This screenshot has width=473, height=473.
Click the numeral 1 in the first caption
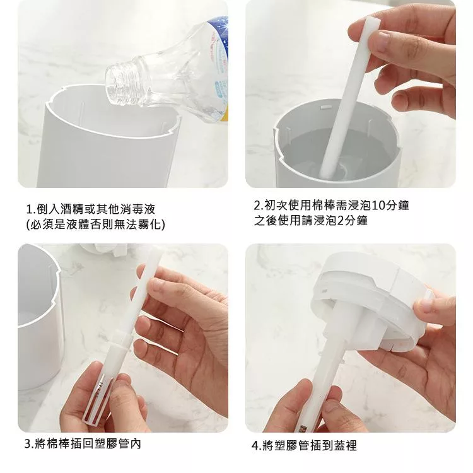click(x=29, y=209)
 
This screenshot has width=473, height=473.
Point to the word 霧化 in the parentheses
click(x=149, y=225)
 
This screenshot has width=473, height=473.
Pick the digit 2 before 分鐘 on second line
click(x=340, y=221)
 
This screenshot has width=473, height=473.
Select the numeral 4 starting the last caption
click(x=255, y=445)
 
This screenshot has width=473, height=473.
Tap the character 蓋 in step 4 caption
click(x=340, y=445)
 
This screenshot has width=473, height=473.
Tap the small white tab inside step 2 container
click(x=326, y=107)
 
